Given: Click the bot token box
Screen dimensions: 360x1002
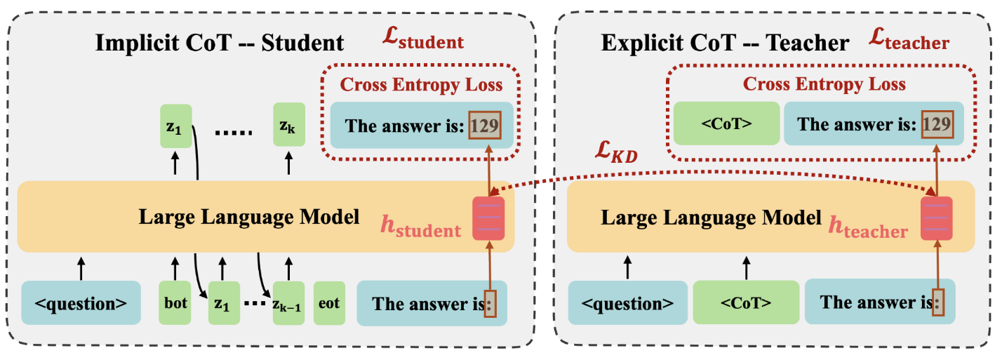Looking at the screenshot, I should [175, 304].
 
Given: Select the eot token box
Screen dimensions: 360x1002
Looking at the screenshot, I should [328, 304].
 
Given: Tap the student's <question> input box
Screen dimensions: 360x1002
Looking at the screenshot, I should [81, 304].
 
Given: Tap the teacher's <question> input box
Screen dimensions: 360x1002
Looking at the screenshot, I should [627, 304].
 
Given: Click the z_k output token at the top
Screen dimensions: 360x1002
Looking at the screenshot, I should [288, 126].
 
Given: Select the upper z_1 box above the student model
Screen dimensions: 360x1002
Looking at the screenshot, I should [175, 126].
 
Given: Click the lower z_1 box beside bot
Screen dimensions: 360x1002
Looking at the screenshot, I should [222, 304].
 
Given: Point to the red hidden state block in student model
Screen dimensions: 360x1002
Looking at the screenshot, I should [488, 218].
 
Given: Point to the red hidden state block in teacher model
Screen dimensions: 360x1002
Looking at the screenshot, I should [936, 218].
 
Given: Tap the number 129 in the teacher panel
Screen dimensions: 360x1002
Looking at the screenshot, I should [938, 124].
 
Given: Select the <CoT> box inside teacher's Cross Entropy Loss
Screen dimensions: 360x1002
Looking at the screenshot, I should [726, 124].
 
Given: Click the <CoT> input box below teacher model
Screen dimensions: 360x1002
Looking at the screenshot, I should [746, 304].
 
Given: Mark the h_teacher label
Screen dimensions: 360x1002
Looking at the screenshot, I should [869, 227].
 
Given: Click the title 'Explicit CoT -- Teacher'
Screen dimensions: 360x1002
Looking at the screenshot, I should [726, 44].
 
